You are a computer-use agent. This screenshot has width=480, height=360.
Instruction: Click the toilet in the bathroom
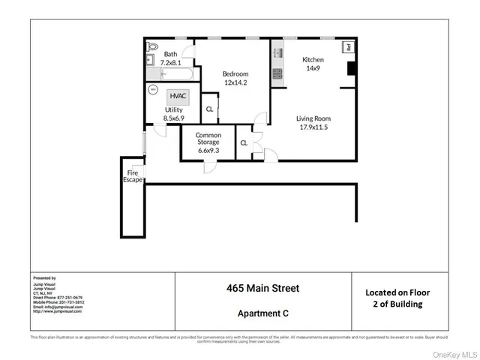point(150,44)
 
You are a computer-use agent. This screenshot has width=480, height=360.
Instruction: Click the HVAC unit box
point(178,96)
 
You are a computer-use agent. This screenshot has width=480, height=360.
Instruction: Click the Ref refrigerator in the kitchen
point(348,47)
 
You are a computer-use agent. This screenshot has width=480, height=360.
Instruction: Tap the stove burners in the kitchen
point(277,73)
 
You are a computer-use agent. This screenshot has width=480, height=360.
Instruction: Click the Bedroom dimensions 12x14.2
point(235,83)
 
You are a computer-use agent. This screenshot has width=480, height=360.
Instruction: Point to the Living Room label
point(313,118)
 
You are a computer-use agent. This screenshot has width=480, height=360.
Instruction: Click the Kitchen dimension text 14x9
point(313,68)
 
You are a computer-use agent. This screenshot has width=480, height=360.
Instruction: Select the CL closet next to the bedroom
point(209,109)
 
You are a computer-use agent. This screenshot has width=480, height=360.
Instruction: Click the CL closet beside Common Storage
point(244,143)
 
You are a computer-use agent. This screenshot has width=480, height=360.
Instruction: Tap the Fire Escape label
point(133,176)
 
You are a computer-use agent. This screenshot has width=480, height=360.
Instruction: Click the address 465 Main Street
point(262,288)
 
